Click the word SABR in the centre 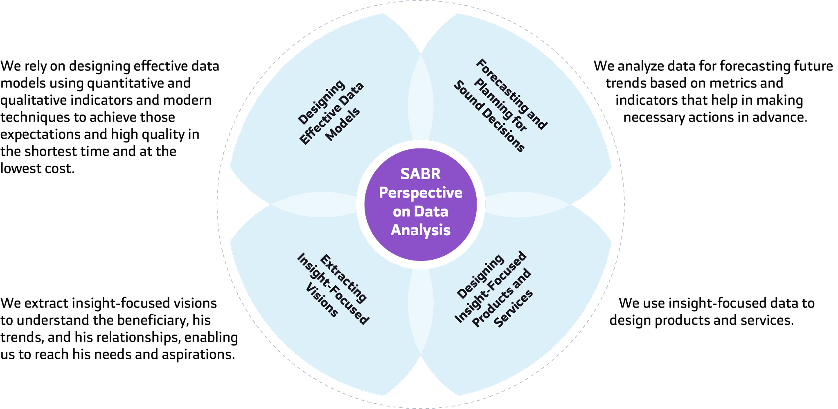(x=421, y=174)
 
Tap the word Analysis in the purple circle (x=421, y=230)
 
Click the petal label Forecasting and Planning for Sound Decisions (x=500, y=106)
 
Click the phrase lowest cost (x=38, y=169)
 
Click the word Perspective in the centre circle (x=421, y=193)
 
